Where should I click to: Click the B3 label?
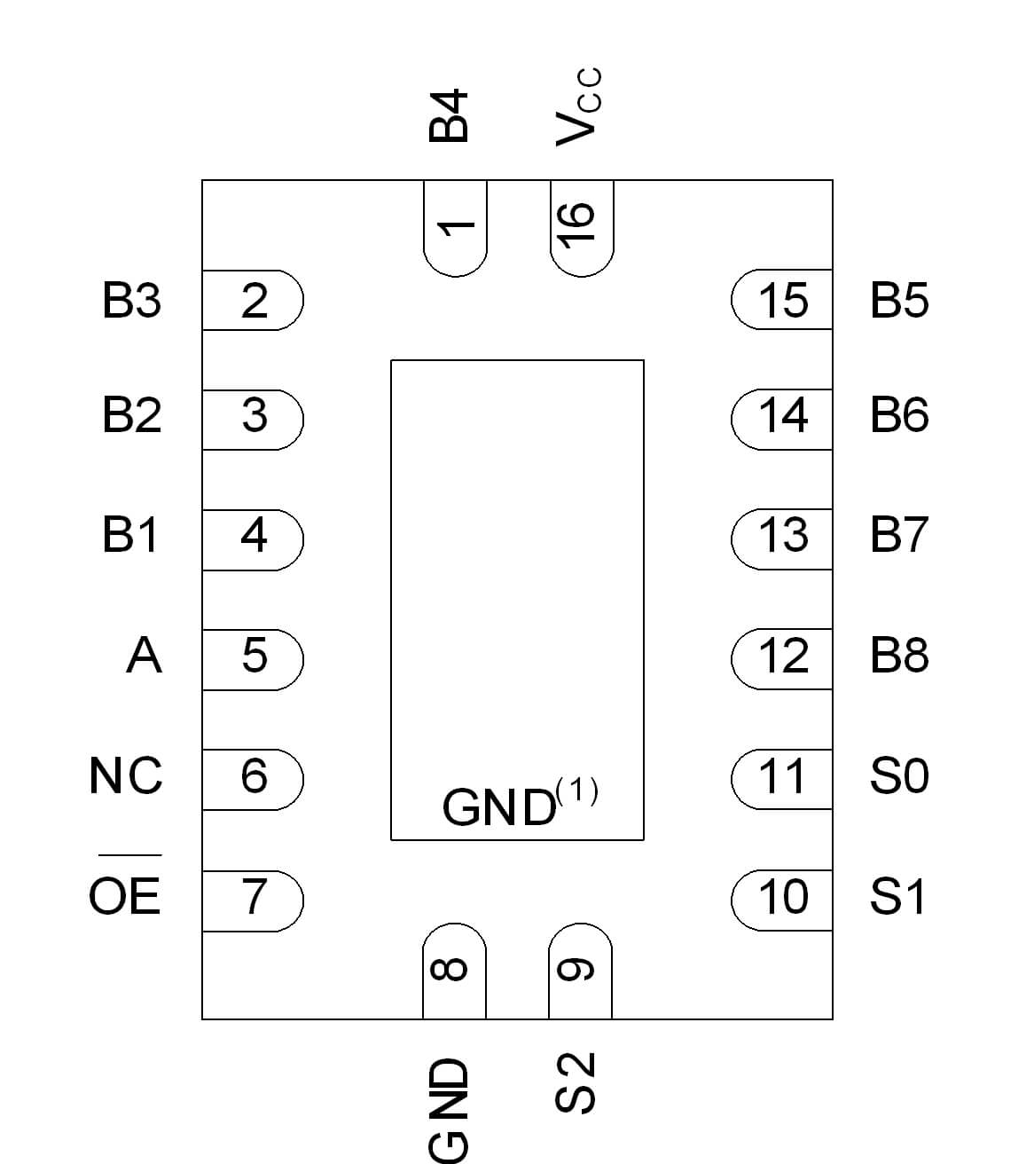tap(131, 300)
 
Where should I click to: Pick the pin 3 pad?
tap(253, 419)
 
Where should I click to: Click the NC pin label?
tap(126, 775)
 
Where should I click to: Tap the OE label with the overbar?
tap(125, 894)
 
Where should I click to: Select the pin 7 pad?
tap(253, 900)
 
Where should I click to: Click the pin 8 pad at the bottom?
tap(454, 971)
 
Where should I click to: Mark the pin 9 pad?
tap(580, 971)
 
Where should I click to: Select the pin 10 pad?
tap(782, 900)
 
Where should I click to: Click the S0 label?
tap(899, 775)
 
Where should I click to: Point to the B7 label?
tap(899, 535)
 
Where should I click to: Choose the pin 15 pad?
tap(782, 300)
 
